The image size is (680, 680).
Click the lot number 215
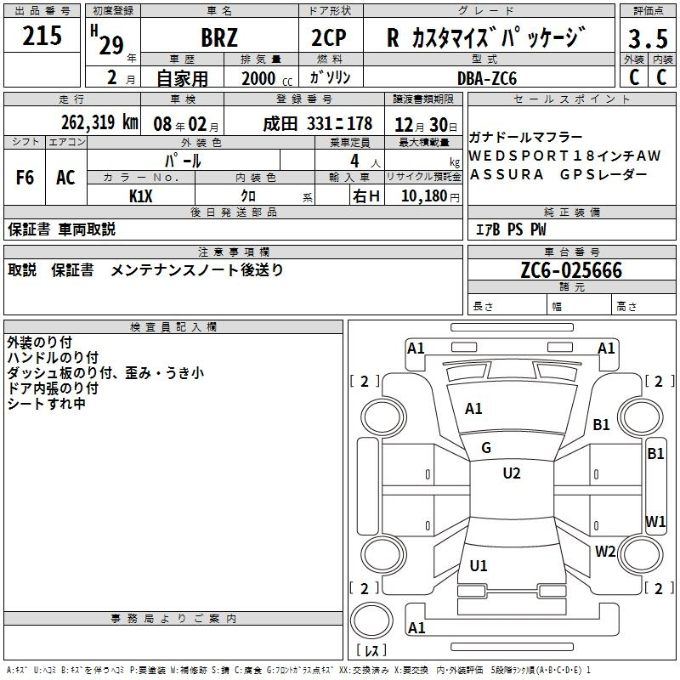(x=42, y=36)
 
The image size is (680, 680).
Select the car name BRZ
(x=219, y=37)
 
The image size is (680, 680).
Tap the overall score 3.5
(x=648, y=38)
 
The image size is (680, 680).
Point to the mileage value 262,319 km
(x=99, y=122)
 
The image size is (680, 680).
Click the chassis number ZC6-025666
(x=571, y=270)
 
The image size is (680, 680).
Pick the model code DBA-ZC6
(x=487, y=78)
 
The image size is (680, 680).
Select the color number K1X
(x=141, y=196)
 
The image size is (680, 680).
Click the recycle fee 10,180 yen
(x=430, y=196)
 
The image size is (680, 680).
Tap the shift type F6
(x=25, y=177)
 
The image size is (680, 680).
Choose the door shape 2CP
(x=329, y=37)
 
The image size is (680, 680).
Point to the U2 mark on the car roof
(x=512, y=473)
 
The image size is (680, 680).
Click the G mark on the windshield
(x=486, y=448)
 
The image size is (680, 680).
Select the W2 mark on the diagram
(x=605, y=551)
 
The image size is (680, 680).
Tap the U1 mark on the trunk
(x=479, y=565)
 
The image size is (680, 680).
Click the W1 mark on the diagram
(x=655, y=521)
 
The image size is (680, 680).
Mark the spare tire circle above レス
(x=371, y=620)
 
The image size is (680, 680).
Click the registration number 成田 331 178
(x=317, y=124)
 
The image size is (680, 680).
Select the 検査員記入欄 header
(x=173, y=327)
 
